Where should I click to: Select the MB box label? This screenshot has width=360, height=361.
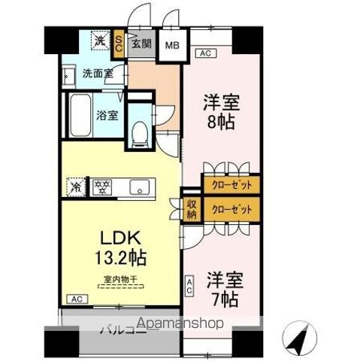point(171,44)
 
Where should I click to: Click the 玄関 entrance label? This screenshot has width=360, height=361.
point(141,44)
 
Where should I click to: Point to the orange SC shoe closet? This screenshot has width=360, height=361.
point(119,43)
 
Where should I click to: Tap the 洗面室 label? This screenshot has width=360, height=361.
point(97,74)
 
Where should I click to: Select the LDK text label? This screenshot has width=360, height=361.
point(117,238)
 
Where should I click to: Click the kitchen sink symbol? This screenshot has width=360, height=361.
point(141,187)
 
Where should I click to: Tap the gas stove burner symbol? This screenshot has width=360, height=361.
point(101,186)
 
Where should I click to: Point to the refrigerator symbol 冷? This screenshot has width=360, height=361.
point(76,186)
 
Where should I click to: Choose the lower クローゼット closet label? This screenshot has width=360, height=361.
point(231,208)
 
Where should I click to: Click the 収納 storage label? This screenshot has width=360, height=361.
point(192,208)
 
